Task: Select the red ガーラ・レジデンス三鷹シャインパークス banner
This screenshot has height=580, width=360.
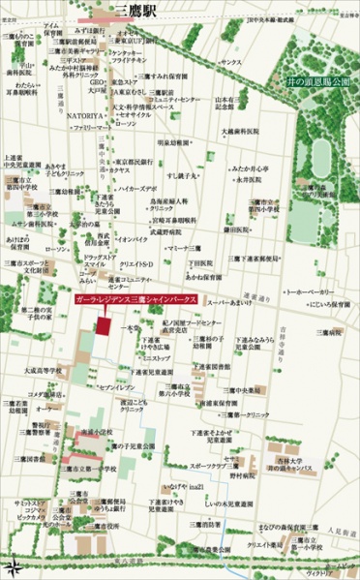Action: (135, 301)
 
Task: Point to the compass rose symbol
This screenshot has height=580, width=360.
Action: (14, 565)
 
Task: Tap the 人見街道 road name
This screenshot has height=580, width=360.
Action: (339, 532)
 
